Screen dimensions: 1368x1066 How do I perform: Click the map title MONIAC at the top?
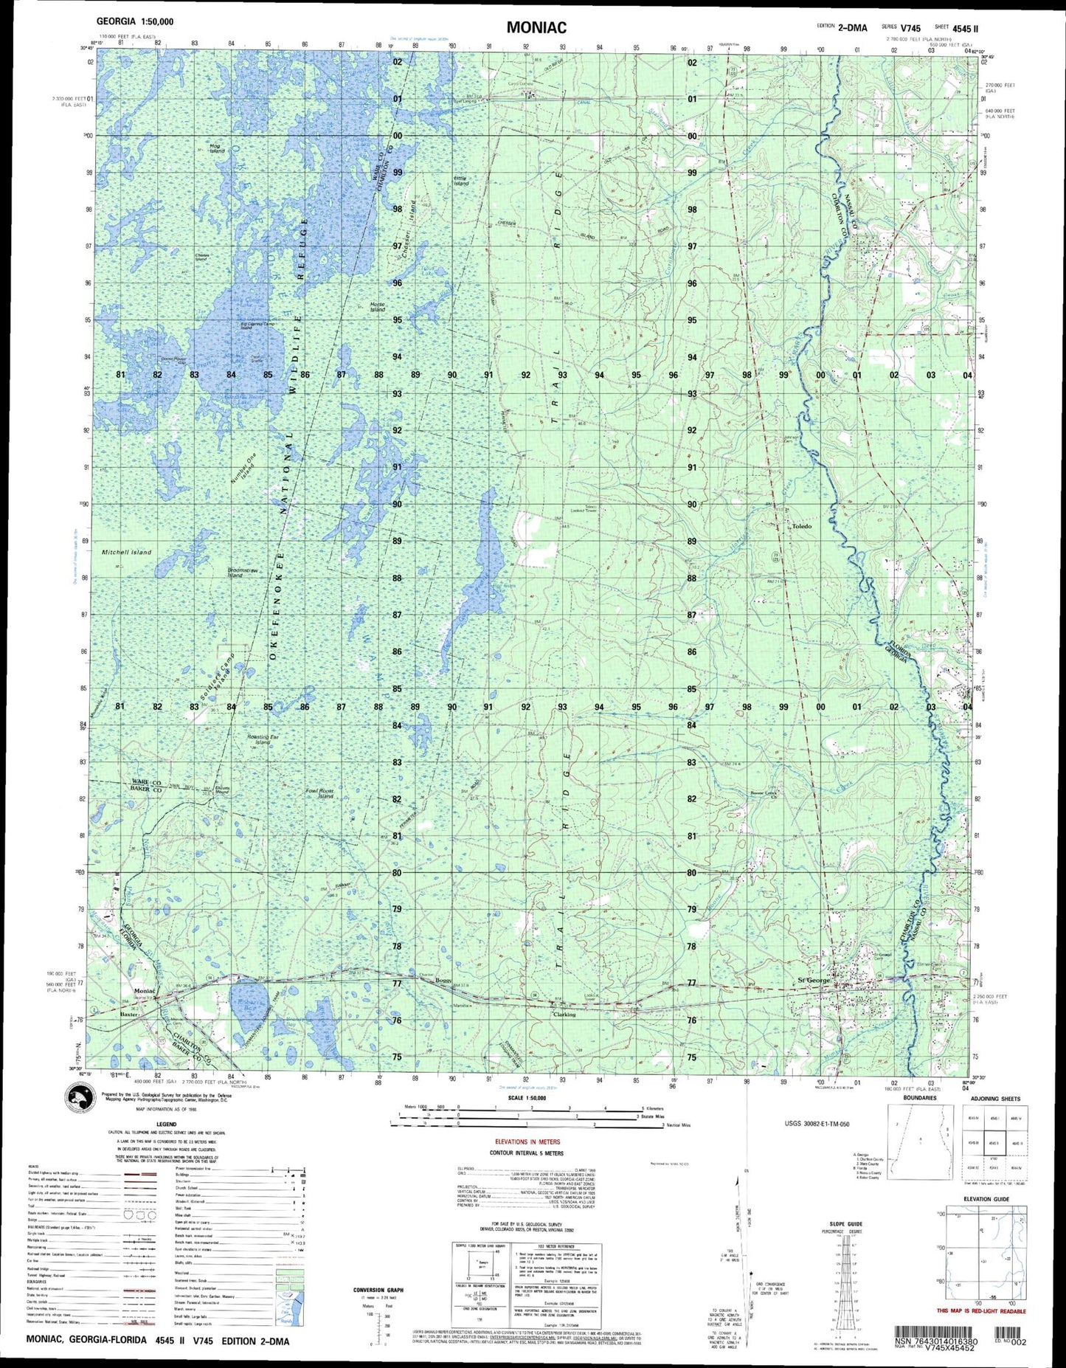pos(536,28)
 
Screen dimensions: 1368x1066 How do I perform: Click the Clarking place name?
pos(564,1014)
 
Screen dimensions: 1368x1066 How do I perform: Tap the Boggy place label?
pos(443,980)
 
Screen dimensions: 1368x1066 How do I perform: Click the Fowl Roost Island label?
pos(320,794)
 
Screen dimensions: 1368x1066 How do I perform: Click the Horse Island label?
pos(378,307)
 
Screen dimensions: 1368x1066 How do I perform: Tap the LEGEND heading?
pos(165,1125)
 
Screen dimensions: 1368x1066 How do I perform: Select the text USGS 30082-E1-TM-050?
pos(826,1124)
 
